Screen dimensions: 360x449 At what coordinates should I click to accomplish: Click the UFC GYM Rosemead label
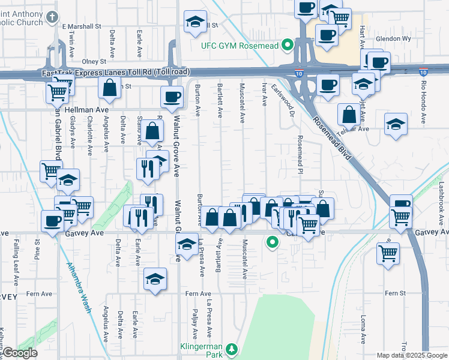point(241,45)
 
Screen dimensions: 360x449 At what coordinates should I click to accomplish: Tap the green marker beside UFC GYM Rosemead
point(287,44)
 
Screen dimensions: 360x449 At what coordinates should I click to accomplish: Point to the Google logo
point(19,353)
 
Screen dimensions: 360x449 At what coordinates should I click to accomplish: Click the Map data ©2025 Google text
point(412,355)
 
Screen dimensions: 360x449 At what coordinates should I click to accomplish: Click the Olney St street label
point(94,61)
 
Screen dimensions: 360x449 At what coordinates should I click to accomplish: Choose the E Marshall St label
point(82,26)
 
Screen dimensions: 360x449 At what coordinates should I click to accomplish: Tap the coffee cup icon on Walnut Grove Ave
point(172,95)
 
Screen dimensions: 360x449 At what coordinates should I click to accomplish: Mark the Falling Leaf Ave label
point(14,262)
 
